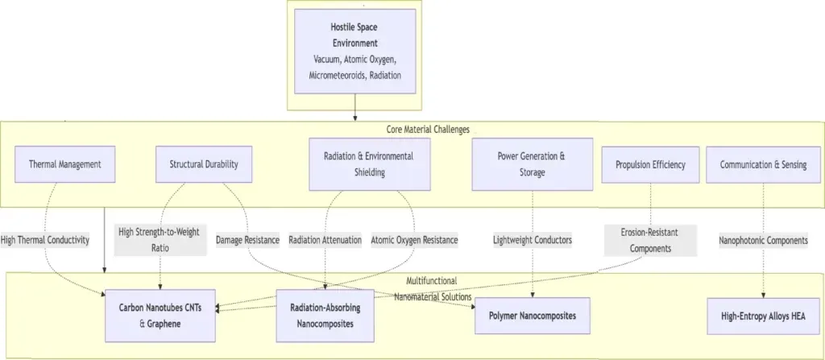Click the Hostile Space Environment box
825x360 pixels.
click(x=355, y=51)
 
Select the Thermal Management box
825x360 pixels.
click(x=65, y=164)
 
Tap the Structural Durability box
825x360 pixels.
click(x=204, y=164)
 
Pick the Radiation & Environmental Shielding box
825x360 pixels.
click(x=369, y=164)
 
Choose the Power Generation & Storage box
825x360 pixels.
click(x=532, y=164)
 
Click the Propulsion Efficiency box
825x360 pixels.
click(x=650, y=165)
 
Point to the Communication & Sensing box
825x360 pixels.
click(x=763, y=165)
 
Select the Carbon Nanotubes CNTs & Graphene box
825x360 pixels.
click(x=160, y=316)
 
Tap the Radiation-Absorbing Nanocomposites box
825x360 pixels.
click(x=325, y=316)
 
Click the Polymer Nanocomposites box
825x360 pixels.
click(x=533, y=316)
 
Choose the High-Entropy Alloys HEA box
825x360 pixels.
click(x=764, y=316)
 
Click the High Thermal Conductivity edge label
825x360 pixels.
click(x=45, y=240)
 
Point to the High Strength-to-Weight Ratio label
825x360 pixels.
click(x=159, y=240)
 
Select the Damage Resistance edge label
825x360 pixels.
click(x=248, y=240)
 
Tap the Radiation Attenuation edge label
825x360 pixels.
click(x=325, y=240)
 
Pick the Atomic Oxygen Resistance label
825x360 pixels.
click(x=415, y=240)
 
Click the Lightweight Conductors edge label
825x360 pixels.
click(x=533, y=240)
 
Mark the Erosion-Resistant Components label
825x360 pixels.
click(x=650, y=241)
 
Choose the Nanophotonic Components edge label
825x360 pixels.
click(x=764, y=241)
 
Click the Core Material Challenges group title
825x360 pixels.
click(x=428, y=130)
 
